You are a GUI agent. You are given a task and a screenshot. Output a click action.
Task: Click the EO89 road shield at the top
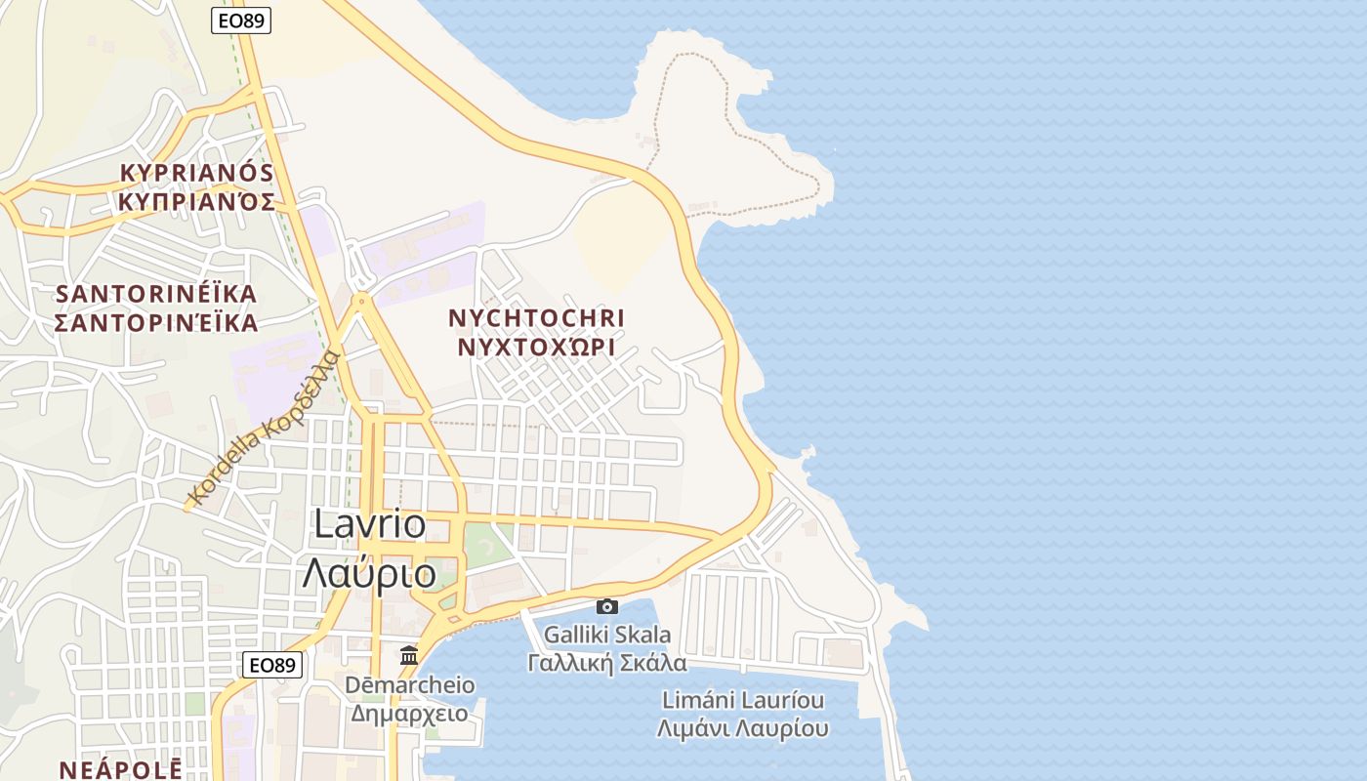point(241,21)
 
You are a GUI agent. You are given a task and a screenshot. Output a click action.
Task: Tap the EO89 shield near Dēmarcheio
point(272,665)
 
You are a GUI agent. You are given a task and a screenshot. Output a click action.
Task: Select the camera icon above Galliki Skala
point(607,606)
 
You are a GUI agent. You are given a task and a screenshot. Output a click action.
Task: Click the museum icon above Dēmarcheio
point(409,655)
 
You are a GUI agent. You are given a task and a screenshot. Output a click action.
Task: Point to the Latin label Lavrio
point(370,524)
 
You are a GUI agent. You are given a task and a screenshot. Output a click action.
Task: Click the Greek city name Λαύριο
point(369,573)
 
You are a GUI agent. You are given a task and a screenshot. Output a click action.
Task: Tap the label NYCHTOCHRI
point(536,318)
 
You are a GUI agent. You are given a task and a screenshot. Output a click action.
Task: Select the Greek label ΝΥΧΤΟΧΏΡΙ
point(536,348)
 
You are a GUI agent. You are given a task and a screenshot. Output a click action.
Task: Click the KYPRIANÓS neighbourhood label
point(196,173)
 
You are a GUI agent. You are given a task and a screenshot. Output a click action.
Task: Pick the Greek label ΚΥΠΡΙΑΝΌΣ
point(196,202)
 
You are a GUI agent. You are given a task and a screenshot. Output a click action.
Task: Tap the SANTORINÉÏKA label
point(156,294)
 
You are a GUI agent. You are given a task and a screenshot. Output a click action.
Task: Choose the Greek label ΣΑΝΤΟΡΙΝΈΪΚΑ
point(156,323)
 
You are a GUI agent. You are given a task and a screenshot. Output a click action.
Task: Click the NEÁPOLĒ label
point(121,769)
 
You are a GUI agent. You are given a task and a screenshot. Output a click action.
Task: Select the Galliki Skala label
point(607,636)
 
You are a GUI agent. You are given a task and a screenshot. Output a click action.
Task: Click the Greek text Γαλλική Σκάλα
point(607,664)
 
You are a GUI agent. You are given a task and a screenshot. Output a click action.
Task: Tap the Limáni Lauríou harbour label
point(743,700)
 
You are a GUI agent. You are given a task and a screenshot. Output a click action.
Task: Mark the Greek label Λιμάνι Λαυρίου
point(743,729)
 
